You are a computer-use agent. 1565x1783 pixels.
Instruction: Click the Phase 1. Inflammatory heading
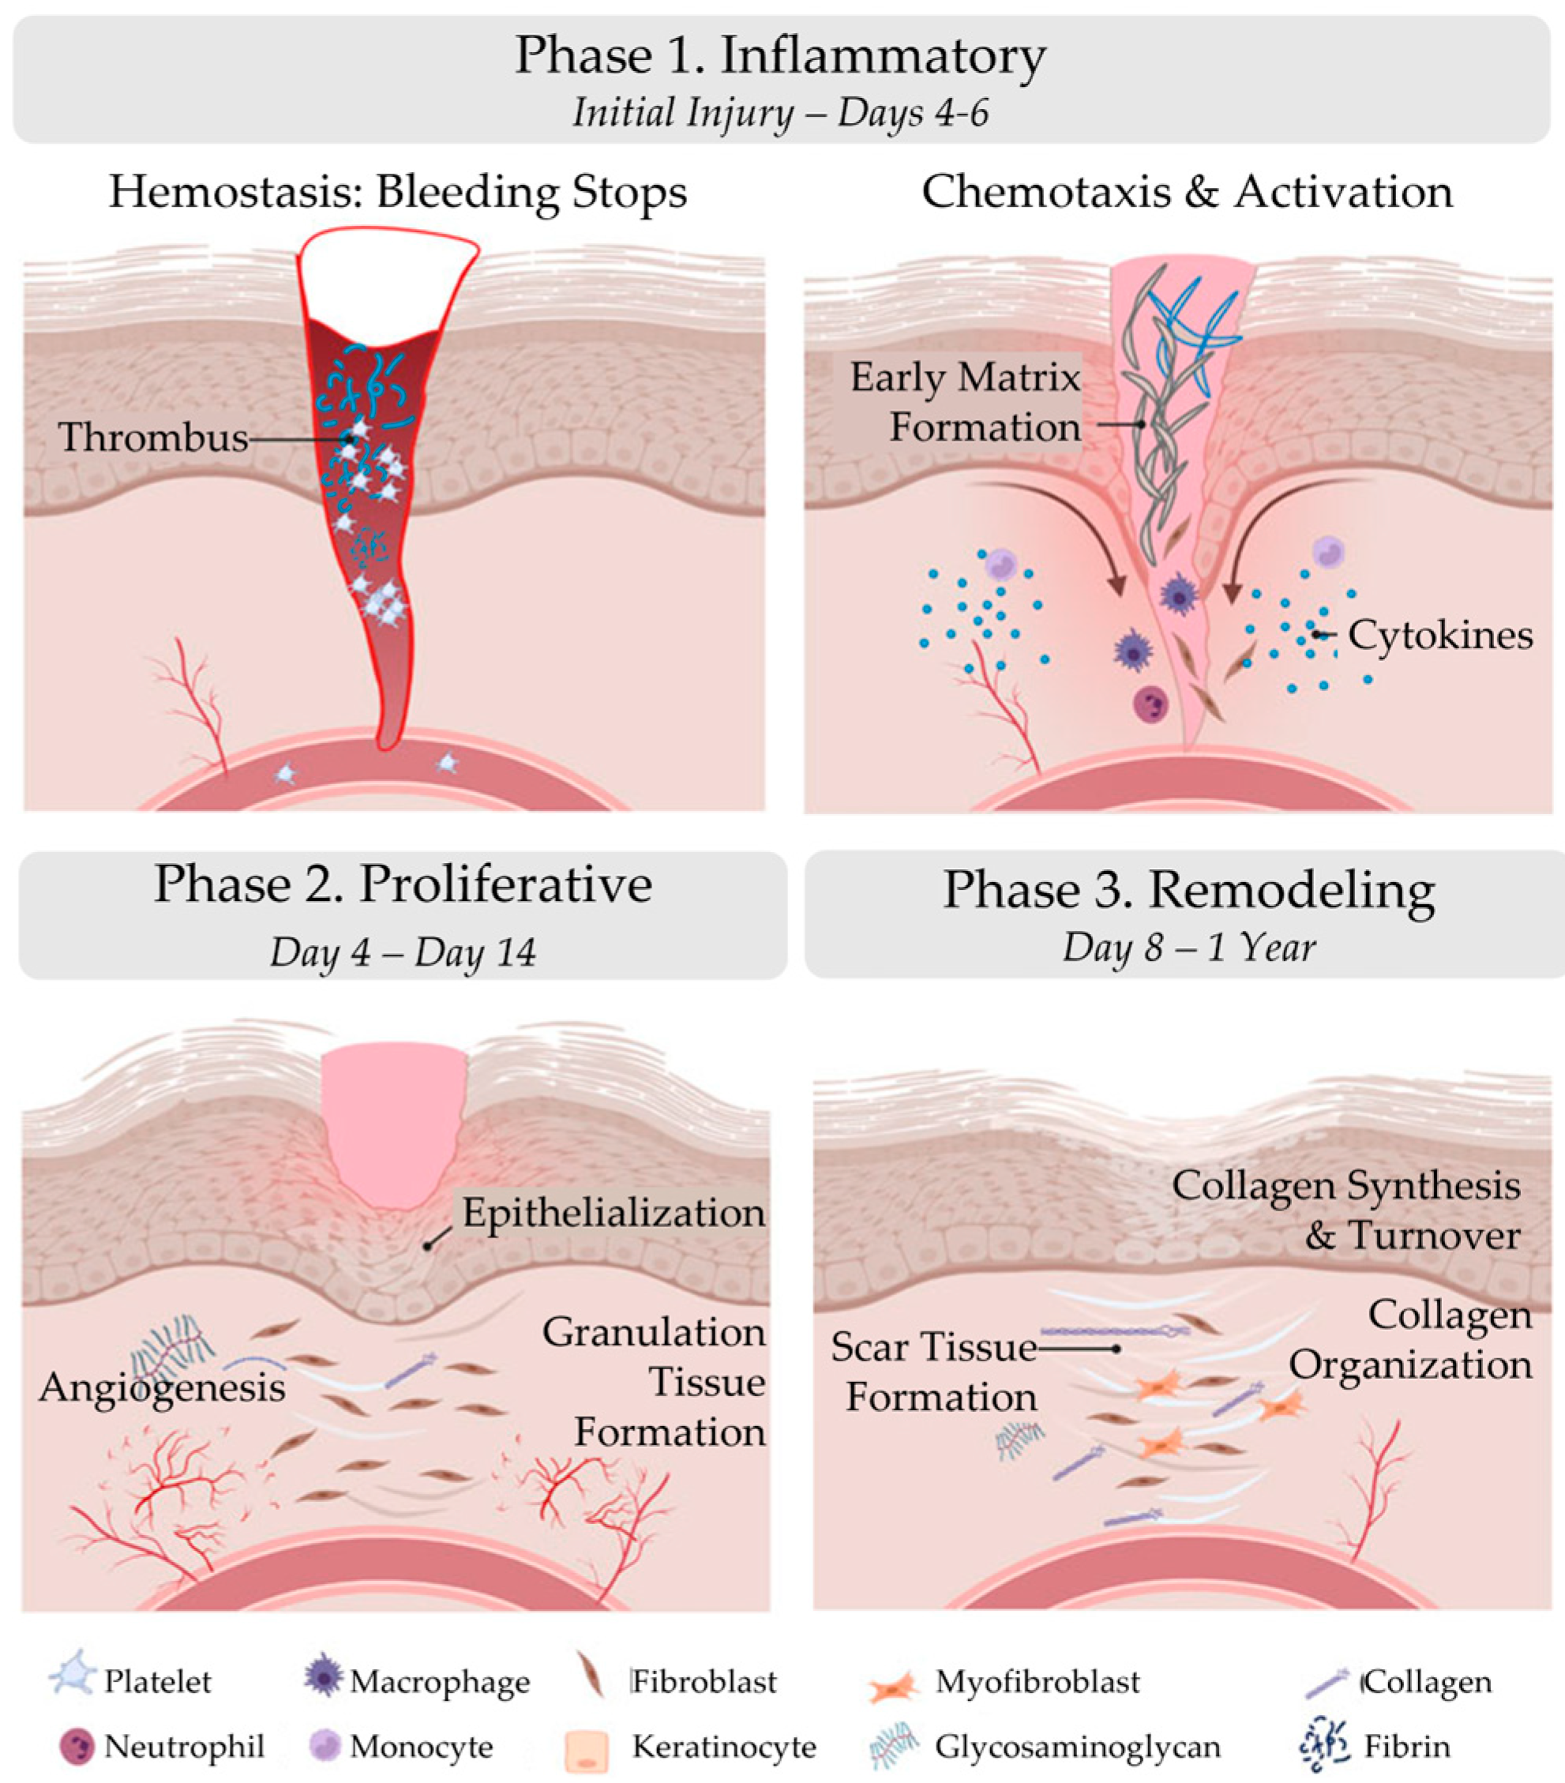click(780, 56)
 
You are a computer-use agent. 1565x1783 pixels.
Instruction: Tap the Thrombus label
click(153, 436)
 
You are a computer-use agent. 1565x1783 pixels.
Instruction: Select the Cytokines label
click(1440, 635)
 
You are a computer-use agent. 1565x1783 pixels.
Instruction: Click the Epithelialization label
click(614, 1213)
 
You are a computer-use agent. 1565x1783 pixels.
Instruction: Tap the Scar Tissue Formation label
click(934, 1372)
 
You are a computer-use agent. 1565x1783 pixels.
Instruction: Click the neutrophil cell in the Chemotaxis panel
click(1150, 704)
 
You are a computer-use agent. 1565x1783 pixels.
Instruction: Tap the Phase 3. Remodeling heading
click(1188, 891)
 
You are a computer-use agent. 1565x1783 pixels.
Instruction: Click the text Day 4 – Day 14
click(402, 952)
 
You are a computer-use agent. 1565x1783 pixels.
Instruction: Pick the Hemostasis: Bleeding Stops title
click(398, 192)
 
